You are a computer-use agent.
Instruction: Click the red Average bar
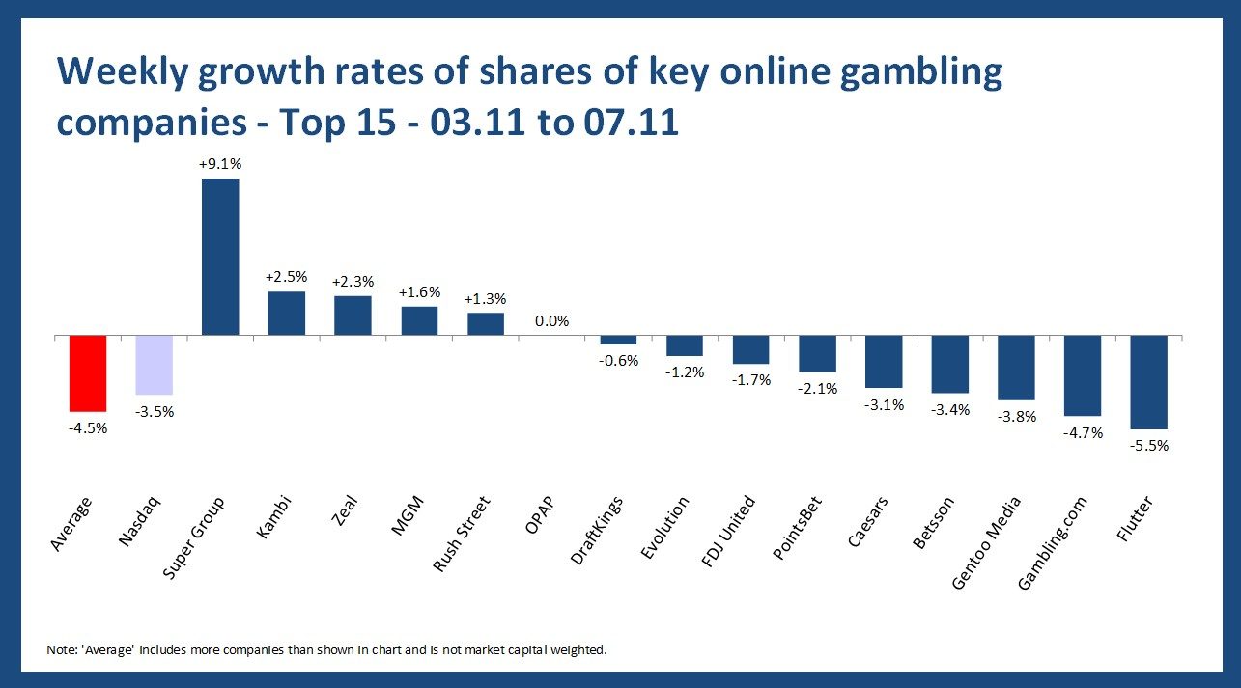click(88, 373)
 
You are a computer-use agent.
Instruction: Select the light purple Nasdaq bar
click(155, 365)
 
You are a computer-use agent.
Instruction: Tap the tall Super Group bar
click(220, 257)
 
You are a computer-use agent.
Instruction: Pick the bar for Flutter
click(1149, 382)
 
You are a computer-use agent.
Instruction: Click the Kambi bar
click(287, 314)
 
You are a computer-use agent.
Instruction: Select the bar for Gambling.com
click(1083, 375)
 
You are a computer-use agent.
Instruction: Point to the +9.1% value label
click(220, 164)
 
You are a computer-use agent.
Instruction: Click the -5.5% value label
click(1149, 446)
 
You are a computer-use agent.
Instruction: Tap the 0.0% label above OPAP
click(551, 321)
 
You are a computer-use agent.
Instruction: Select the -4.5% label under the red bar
click(88, 428)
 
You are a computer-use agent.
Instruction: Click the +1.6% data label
click(419, 291)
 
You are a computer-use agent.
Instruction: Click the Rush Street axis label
click(463, 534)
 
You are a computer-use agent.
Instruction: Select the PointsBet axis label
click(799, 533)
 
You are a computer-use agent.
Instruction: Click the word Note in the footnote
click(60, 649)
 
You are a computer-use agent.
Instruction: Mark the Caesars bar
click(884, 362)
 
